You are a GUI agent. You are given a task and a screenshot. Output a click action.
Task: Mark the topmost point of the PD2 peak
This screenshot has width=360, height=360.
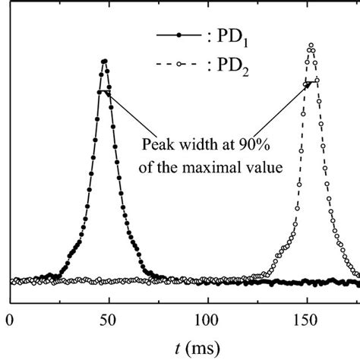click(x=310, y=46)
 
